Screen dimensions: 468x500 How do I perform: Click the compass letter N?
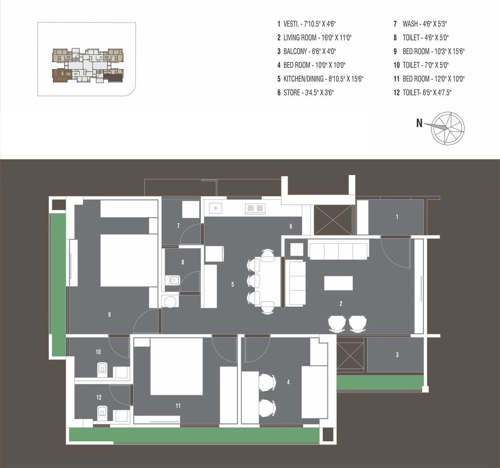pyautogui.click(x=419, y=124)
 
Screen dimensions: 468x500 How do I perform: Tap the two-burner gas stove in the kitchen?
pyautogui.click(x=255, y=208)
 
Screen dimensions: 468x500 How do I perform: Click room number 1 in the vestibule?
pyautogui.click(x=397, y=217)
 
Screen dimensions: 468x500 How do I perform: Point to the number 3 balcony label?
pyautogui.click(x=397, y=355)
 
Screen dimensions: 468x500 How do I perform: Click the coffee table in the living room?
pyautogui.click(x=338, y=283)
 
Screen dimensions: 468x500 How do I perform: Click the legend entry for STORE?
pyautogui.click(x=306, y=93)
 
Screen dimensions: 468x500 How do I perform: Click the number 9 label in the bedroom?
pyautogui.click(x=109, y=314)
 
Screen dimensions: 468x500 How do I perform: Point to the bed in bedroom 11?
pyautogui.click(x=177, y=367)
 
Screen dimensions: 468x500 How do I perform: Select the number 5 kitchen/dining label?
pyautogui.click(x=232, y=284)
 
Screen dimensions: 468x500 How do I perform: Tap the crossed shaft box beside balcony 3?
pyautogui.click(x=351, y=356)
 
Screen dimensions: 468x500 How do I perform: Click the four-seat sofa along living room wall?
pyautogui.click(x=338, y=250)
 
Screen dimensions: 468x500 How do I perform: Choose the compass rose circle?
pyautogui.click(x=447, y=128)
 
